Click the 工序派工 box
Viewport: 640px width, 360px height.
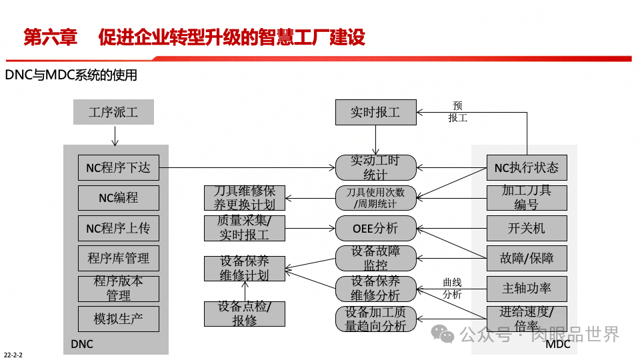[x=113, y=112]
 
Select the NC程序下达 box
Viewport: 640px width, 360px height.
[x=119, y=168]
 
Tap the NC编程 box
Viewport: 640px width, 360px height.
[x=119, y=198]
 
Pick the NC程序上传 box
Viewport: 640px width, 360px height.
[x=119, y=228]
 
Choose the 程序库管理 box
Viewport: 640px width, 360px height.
[x=119, y=259]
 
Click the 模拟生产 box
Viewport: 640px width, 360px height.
[x=119, y=319]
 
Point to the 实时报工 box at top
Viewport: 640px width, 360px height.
[x=375, y=112]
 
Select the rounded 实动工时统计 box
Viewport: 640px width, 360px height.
[x=375, y=167]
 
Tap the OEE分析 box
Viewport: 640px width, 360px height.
[x=375, y=228]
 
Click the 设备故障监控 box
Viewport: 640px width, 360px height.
[x=375, y=258]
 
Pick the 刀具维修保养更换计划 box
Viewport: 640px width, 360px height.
[x=244, y=198]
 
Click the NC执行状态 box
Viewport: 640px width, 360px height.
[x=527, y=168]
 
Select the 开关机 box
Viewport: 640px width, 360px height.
[x=527, y=228]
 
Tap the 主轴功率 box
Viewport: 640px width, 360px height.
[x=527, y=289]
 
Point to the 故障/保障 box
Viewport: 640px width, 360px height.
[x=527, y=259]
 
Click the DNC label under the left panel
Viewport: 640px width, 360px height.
[x=82, y=345]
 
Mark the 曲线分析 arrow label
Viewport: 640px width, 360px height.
[x=452, y=289]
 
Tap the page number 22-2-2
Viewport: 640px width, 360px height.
[x=13, y=355]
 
